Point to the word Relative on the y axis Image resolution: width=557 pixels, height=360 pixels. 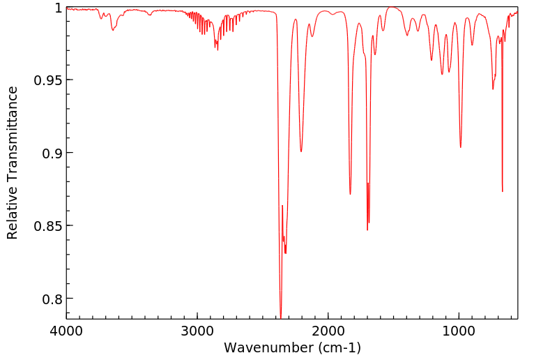pyautogui.click(x=13, y=210)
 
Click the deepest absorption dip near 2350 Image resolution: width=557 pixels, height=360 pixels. pyautogui.click(x=280, y=317)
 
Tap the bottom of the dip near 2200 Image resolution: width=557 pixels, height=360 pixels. pyautogui.click(x=301, y=151)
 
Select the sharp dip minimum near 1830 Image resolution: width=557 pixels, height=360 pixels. pyautogui.click(x=350, y=194)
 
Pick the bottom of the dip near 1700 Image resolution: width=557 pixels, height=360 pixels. pyautogui.click(x=367, y=230)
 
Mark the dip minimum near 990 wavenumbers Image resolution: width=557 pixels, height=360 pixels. pyautogui.click(x=460, y=147)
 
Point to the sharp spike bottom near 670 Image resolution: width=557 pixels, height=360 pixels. pyautogui.click(x=502, y=191)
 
